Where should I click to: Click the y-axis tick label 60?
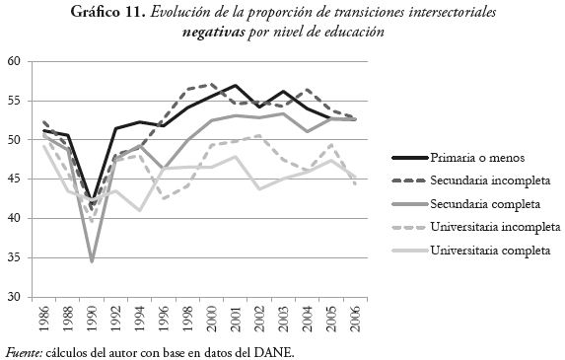tap(15, 61)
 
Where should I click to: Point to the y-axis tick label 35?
tap(15, 257)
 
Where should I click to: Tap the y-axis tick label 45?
tap(15, 179)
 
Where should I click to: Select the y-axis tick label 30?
tap(15, 296)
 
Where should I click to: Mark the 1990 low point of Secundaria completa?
tap(93, 261)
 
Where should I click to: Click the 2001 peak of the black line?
tap(236, 85)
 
